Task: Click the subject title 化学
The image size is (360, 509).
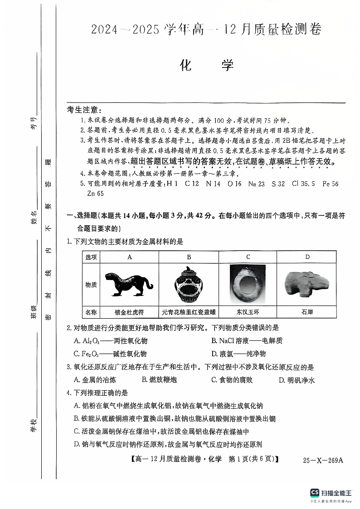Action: pyautogui.click(x=206, y=65)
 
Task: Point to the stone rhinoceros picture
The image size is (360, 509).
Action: pyautogui.click(x=306, y=285)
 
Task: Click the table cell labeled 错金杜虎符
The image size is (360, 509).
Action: pyautogui.click(x=129, y=312)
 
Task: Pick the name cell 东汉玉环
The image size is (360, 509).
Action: pyautogui.click(x=248, y=312)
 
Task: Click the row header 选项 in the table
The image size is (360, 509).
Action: pyautogui.click(x=91, y=257)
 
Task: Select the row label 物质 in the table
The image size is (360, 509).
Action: pyautogui.click(x=91, y=285)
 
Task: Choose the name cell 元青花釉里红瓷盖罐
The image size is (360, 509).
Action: pyautogui.click(x=189, y=312)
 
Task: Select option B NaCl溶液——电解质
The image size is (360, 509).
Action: pyautogui.click(x=247, y=340)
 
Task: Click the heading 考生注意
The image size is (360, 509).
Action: pyautogui.click(x=85, y=110)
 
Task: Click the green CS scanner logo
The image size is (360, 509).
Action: pyautogui.click(x=314, y=493)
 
